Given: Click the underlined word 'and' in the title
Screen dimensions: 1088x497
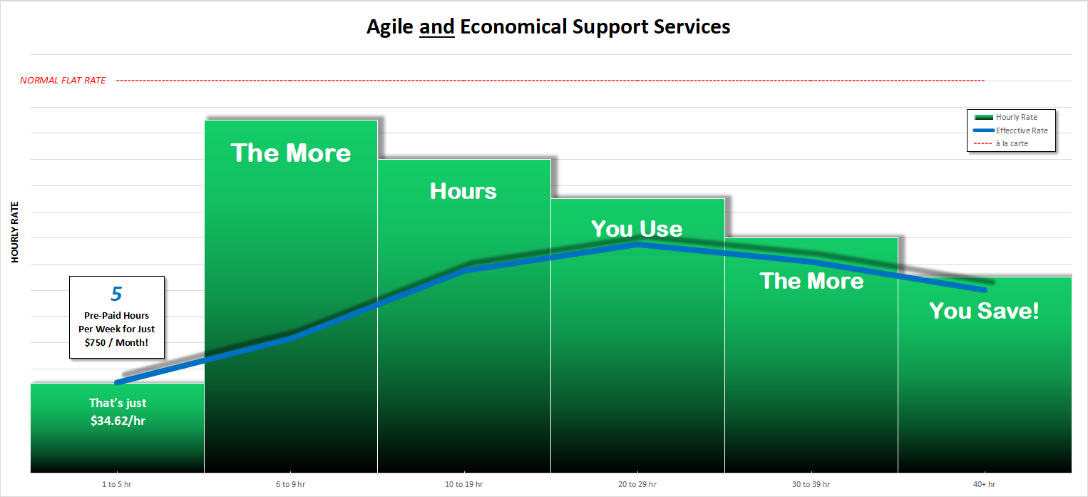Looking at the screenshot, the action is coord(436,27).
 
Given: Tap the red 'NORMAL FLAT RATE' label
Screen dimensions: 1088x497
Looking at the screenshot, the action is coord(63,80).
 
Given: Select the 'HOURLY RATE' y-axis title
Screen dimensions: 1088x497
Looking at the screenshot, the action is coord(14,232).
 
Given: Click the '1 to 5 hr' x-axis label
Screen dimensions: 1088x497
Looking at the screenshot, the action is coord(117,484).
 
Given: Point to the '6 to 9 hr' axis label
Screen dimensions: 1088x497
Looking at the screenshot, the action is coord(290,484).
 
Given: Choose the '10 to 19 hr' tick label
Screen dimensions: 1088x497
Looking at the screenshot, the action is coord(464,484).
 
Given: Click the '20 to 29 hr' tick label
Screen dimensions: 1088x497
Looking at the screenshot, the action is coord(637,484).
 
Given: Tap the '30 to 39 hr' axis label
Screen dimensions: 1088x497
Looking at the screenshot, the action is coord(811,484).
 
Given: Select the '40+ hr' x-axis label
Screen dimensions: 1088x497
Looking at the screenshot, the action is coord(985,484).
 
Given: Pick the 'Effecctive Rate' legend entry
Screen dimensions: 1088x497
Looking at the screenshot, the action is coord(1011,130).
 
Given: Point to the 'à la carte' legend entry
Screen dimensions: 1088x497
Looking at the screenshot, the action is coord(1001,143).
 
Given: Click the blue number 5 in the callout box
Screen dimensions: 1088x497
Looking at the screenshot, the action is coord(117,294).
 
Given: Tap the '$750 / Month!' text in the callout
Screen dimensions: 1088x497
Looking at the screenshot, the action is coord(117,342).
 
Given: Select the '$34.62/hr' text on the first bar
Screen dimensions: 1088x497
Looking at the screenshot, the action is coord(118,421).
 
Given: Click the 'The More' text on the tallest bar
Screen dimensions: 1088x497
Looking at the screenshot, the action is coord(290,153).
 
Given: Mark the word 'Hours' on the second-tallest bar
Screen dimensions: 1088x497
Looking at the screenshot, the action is coord(463,191).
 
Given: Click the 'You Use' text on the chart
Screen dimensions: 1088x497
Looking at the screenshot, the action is coord(637,229).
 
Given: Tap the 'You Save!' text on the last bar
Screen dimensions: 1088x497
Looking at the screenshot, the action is coord(984,311).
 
